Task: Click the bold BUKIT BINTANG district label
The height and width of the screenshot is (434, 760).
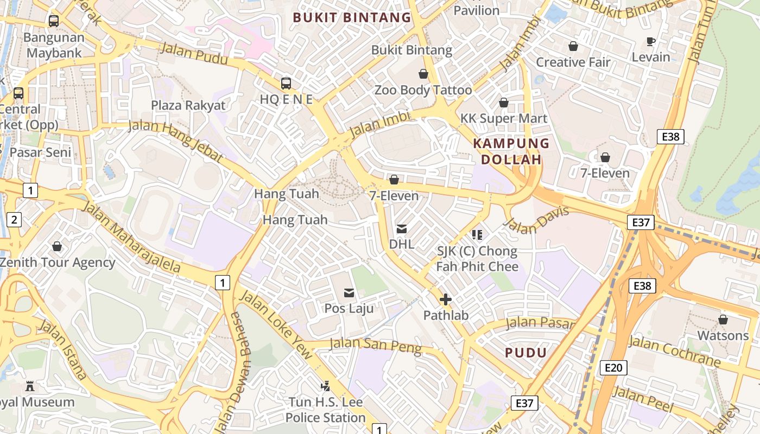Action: pyautogui.click(x=352, y=17)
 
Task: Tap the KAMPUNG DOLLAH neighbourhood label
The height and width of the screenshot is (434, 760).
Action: pyautogui.click(x=511, y=151)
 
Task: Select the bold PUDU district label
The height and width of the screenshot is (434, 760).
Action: pyautogui.click(x=525, y=353)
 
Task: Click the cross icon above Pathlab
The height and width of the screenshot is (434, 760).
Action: pyautogui.click(x=446, y=299)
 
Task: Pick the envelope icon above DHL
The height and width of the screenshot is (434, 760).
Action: pyautogui.click(x=402, y=229)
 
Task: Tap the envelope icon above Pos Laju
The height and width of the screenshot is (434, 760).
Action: pyautogui.click(x=349, y=293)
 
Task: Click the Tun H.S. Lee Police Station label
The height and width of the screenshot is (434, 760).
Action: pyautogui.click(x=325, y=410)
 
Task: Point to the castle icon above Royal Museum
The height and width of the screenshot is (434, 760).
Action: pyautogui.click(x=30, y=387)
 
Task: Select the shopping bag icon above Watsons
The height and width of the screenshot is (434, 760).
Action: pyautogui.click(x=723, y=320)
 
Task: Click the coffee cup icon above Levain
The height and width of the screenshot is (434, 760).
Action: pyautogui.click(x=651, y=42)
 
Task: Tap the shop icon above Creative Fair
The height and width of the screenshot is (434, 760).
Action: pyautogui.click(x=573, y=47)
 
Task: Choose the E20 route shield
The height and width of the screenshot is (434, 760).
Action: pyautogui.click(x=613, y=368)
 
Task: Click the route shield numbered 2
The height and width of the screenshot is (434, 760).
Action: pyautogui.click(x=14, y=220)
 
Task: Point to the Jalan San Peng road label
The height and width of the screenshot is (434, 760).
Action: pyautogui.click(x=375, y=345)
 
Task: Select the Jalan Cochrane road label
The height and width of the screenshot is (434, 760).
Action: pyautogui.click(x=674, y=352)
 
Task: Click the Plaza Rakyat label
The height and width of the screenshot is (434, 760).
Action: pyautogui.click(x=188, y=105)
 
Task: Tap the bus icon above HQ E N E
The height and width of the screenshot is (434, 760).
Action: pyautogui.click(x=286, y=84)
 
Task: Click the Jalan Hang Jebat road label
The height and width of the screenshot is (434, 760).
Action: pyautogui.click(x=175, y=141)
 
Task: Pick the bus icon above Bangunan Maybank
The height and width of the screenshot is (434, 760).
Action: pyautogui.click(x=54, y=21)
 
